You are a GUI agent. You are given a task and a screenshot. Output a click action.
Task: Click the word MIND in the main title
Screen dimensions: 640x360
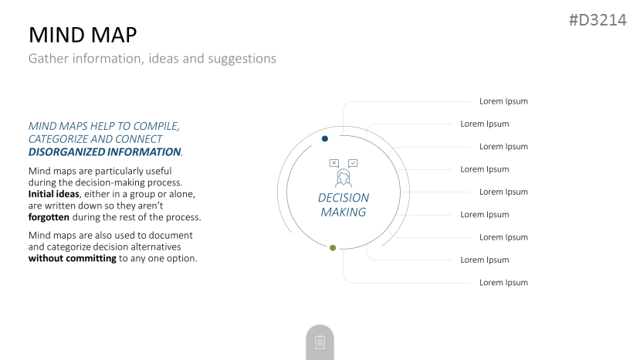point(56,35)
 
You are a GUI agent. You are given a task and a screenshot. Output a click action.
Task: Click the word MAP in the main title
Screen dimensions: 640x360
point(114,35)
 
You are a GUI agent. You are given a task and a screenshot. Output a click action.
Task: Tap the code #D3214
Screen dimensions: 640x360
point(598,19)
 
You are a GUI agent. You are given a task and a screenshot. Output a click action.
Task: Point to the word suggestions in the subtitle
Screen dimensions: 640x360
point(242,59)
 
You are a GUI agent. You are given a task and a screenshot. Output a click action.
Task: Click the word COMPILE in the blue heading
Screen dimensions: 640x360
point(156,126)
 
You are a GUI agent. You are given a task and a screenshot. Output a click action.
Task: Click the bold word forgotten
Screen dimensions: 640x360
point(49,217)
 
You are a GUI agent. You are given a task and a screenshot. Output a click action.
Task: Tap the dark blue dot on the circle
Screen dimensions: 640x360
point(325,139)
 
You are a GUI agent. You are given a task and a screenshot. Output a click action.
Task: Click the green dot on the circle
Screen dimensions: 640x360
point(333,248)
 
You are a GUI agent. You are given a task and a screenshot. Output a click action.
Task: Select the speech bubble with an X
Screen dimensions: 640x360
point(334,163)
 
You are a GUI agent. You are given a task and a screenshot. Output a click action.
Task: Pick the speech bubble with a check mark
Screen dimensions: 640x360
point(353,163)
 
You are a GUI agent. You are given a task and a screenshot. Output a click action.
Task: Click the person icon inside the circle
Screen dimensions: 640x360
point(344,178)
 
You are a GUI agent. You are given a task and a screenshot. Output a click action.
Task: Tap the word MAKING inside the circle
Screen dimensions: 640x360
point(344,212)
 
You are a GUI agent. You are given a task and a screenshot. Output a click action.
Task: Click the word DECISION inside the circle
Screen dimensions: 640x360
point(344,198)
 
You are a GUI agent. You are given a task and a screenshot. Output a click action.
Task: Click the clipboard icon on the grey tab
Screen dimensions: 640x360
point(320,342)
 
